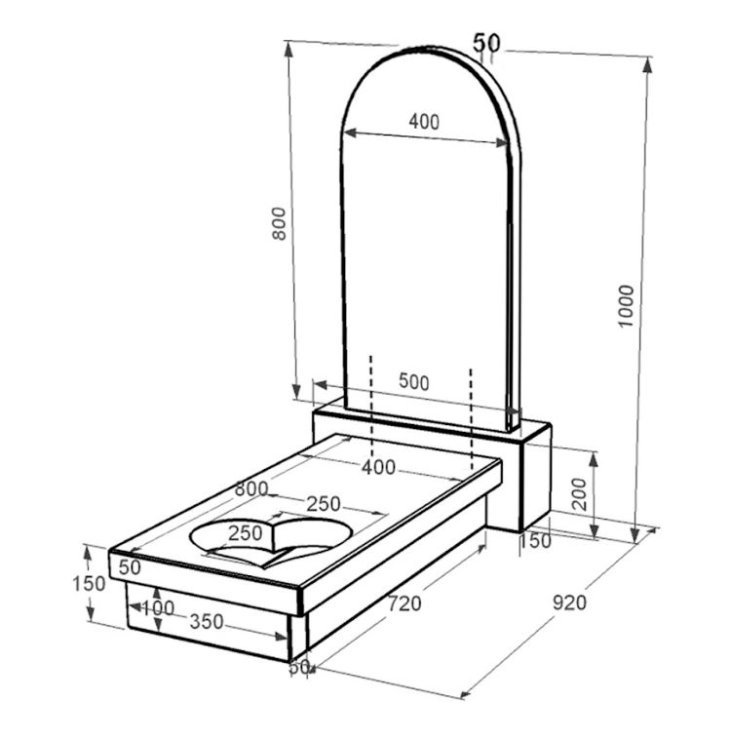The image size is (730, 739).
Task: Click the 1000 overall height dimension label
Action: click(x=627, y=306)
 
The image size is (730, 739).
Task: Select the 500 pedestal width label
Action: click(x=414, y=382)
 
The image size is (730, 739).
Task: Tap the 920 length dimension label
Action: click(x=569, y=603)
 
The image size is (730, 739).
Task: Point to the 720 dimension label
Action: click(x=404, y=603)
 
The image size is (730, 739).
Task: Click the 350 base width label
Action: click(x=207, y=622)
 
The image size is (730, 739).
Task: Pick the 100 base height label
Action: click(x=158, y=608)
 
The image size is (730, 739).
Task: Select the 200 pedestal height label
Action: click(x=579, y=494)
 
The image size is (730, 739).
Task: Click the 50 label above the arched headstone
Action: click(x=486, y=43)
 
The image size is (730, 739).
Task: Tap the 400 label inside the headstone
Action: click(x=424, y=122)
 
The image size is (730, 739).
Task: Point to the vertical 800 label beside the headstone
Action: click(x=279, y=223)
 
